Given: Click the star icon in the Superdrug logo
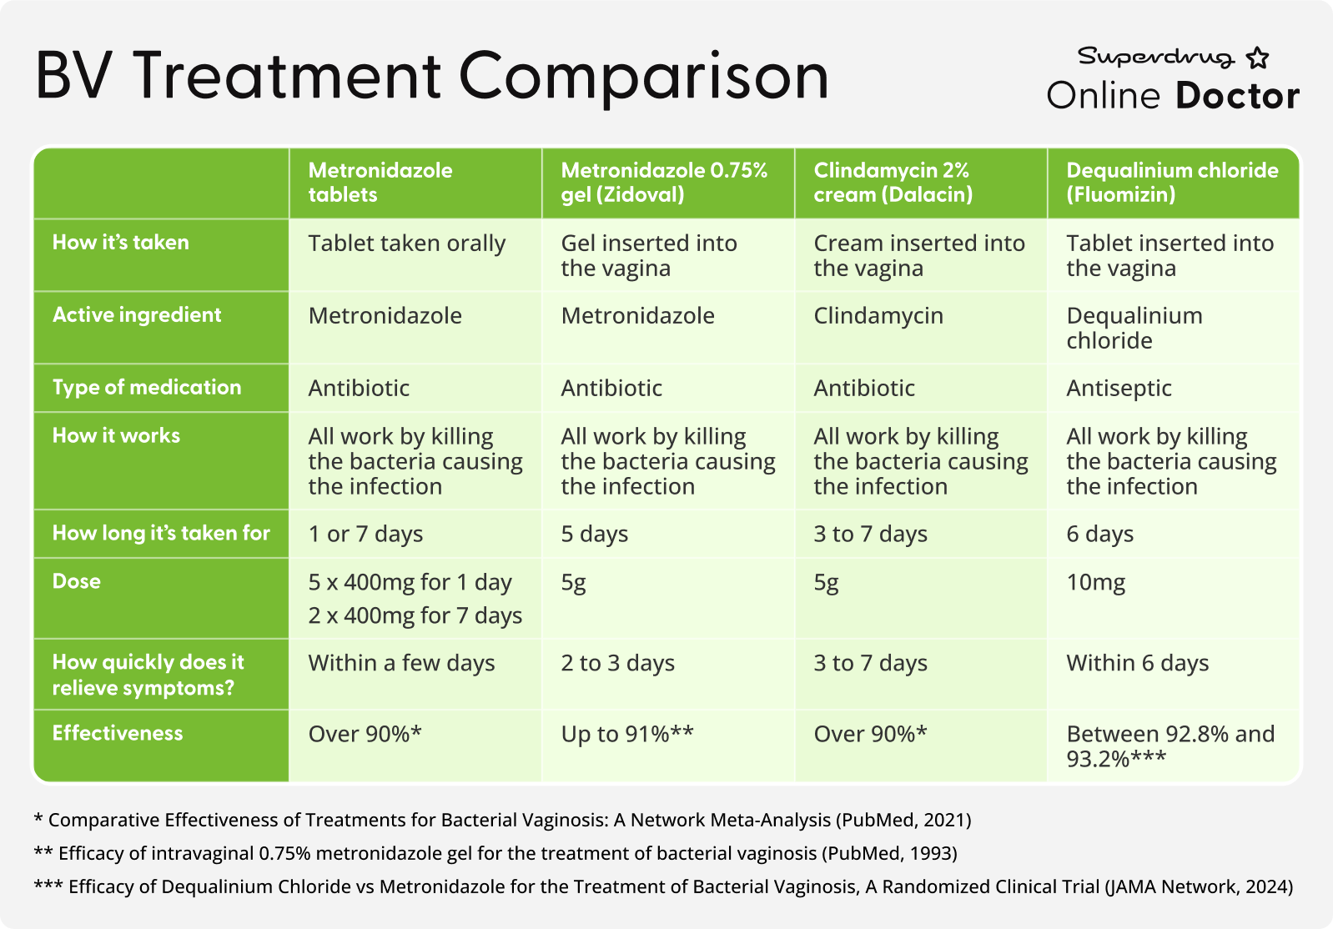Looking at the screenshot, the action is [1257, 58].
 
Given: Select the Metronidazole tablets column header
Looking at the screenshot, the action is [380, 183].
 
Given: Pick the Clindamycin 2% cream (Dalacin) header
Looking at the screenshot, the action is [893, 183].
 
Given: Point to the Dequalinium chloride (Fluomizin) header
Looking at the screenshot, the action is [1172, 183].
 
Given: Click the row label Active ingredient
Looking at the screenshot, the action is [137, 315].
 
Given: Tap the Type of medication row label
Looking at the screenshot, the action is [147, 388].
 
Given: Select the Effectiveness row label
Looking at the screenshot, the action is [118, 733].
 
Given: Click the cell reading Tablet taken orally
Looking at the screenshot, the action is [407, 244].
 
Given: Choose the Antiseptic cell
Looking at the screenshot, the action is [1119, 389].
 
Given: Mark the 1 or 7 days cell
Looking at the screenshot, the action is [365, 534].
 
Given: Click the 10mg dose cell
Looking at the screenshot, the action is [1095, 582].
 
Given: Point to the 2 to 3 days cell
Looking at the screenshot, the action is [618, 663].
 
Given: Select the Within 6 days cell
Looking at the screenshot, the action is [1138, 663].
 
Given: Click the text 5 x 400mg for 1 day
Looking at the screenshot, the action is [410, 582].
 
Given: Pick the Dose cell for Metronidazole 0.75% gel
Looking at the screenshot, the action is [574, 583].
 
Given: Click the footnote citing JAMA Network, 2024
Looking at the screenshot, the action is [663, 886].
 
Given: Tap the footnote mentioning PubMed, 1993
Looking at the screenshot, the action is [495, 853].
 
